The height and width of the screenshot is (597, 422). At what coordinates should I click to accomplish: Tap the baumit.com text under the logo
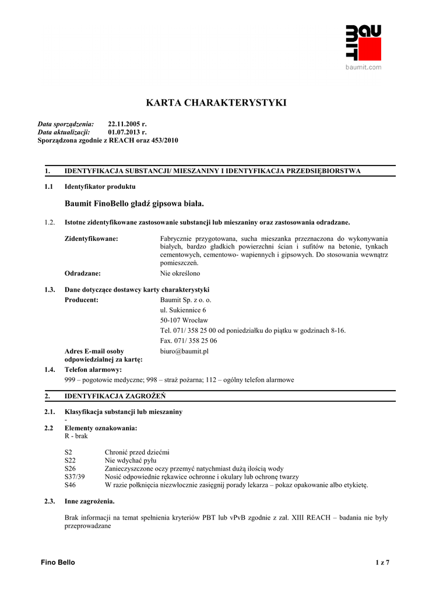(363, 68)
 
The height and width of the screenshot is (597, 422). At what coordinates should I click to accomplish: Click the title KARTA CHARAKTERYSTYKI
(216, 103)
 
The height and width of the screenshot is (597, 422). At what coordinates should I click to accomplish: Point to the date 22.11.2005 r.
(127, 124)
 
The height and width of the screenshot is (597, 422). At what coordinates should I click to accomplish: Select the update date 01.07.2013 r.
(127, 132)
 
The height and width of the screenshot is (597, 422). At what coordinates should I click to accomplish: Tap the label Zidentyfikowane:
(91, 239)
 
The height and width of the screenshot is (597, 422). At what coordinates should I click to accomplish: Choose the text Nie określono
(180, 273)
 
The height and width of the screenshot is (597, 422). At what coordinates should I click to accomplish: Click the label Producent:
(81, 300)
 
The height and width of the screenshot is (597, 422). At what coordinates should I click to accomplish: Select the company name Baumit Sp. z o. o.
(186, 300)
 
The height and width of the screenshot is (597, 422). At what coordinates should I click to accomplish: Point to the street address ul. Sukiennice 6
(182, 310)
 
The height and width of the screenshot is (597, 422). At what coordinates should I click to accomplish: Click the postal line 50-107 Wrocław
(184, 320)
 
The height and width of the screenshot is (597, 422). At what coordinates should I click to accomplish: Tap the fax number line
(188, 340)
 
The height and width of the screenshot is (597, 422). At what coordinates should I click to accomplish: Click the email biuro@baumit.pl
(184, 352)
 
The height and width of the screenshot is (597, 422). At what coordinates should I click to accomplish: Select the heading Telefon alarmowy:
(93, 370)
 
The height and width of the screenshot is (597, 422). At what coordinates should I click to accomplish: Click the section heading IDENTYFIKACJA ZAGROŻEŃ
(115, 396)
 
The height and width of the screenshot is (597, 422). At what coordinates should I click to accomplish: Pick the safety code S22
(70, 461)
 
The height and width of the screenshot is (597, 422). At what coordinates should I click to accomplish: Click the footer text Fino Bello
(58, 562)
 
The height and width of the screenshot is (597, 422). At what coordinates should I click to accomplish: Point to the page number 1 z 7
(382, 563)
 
